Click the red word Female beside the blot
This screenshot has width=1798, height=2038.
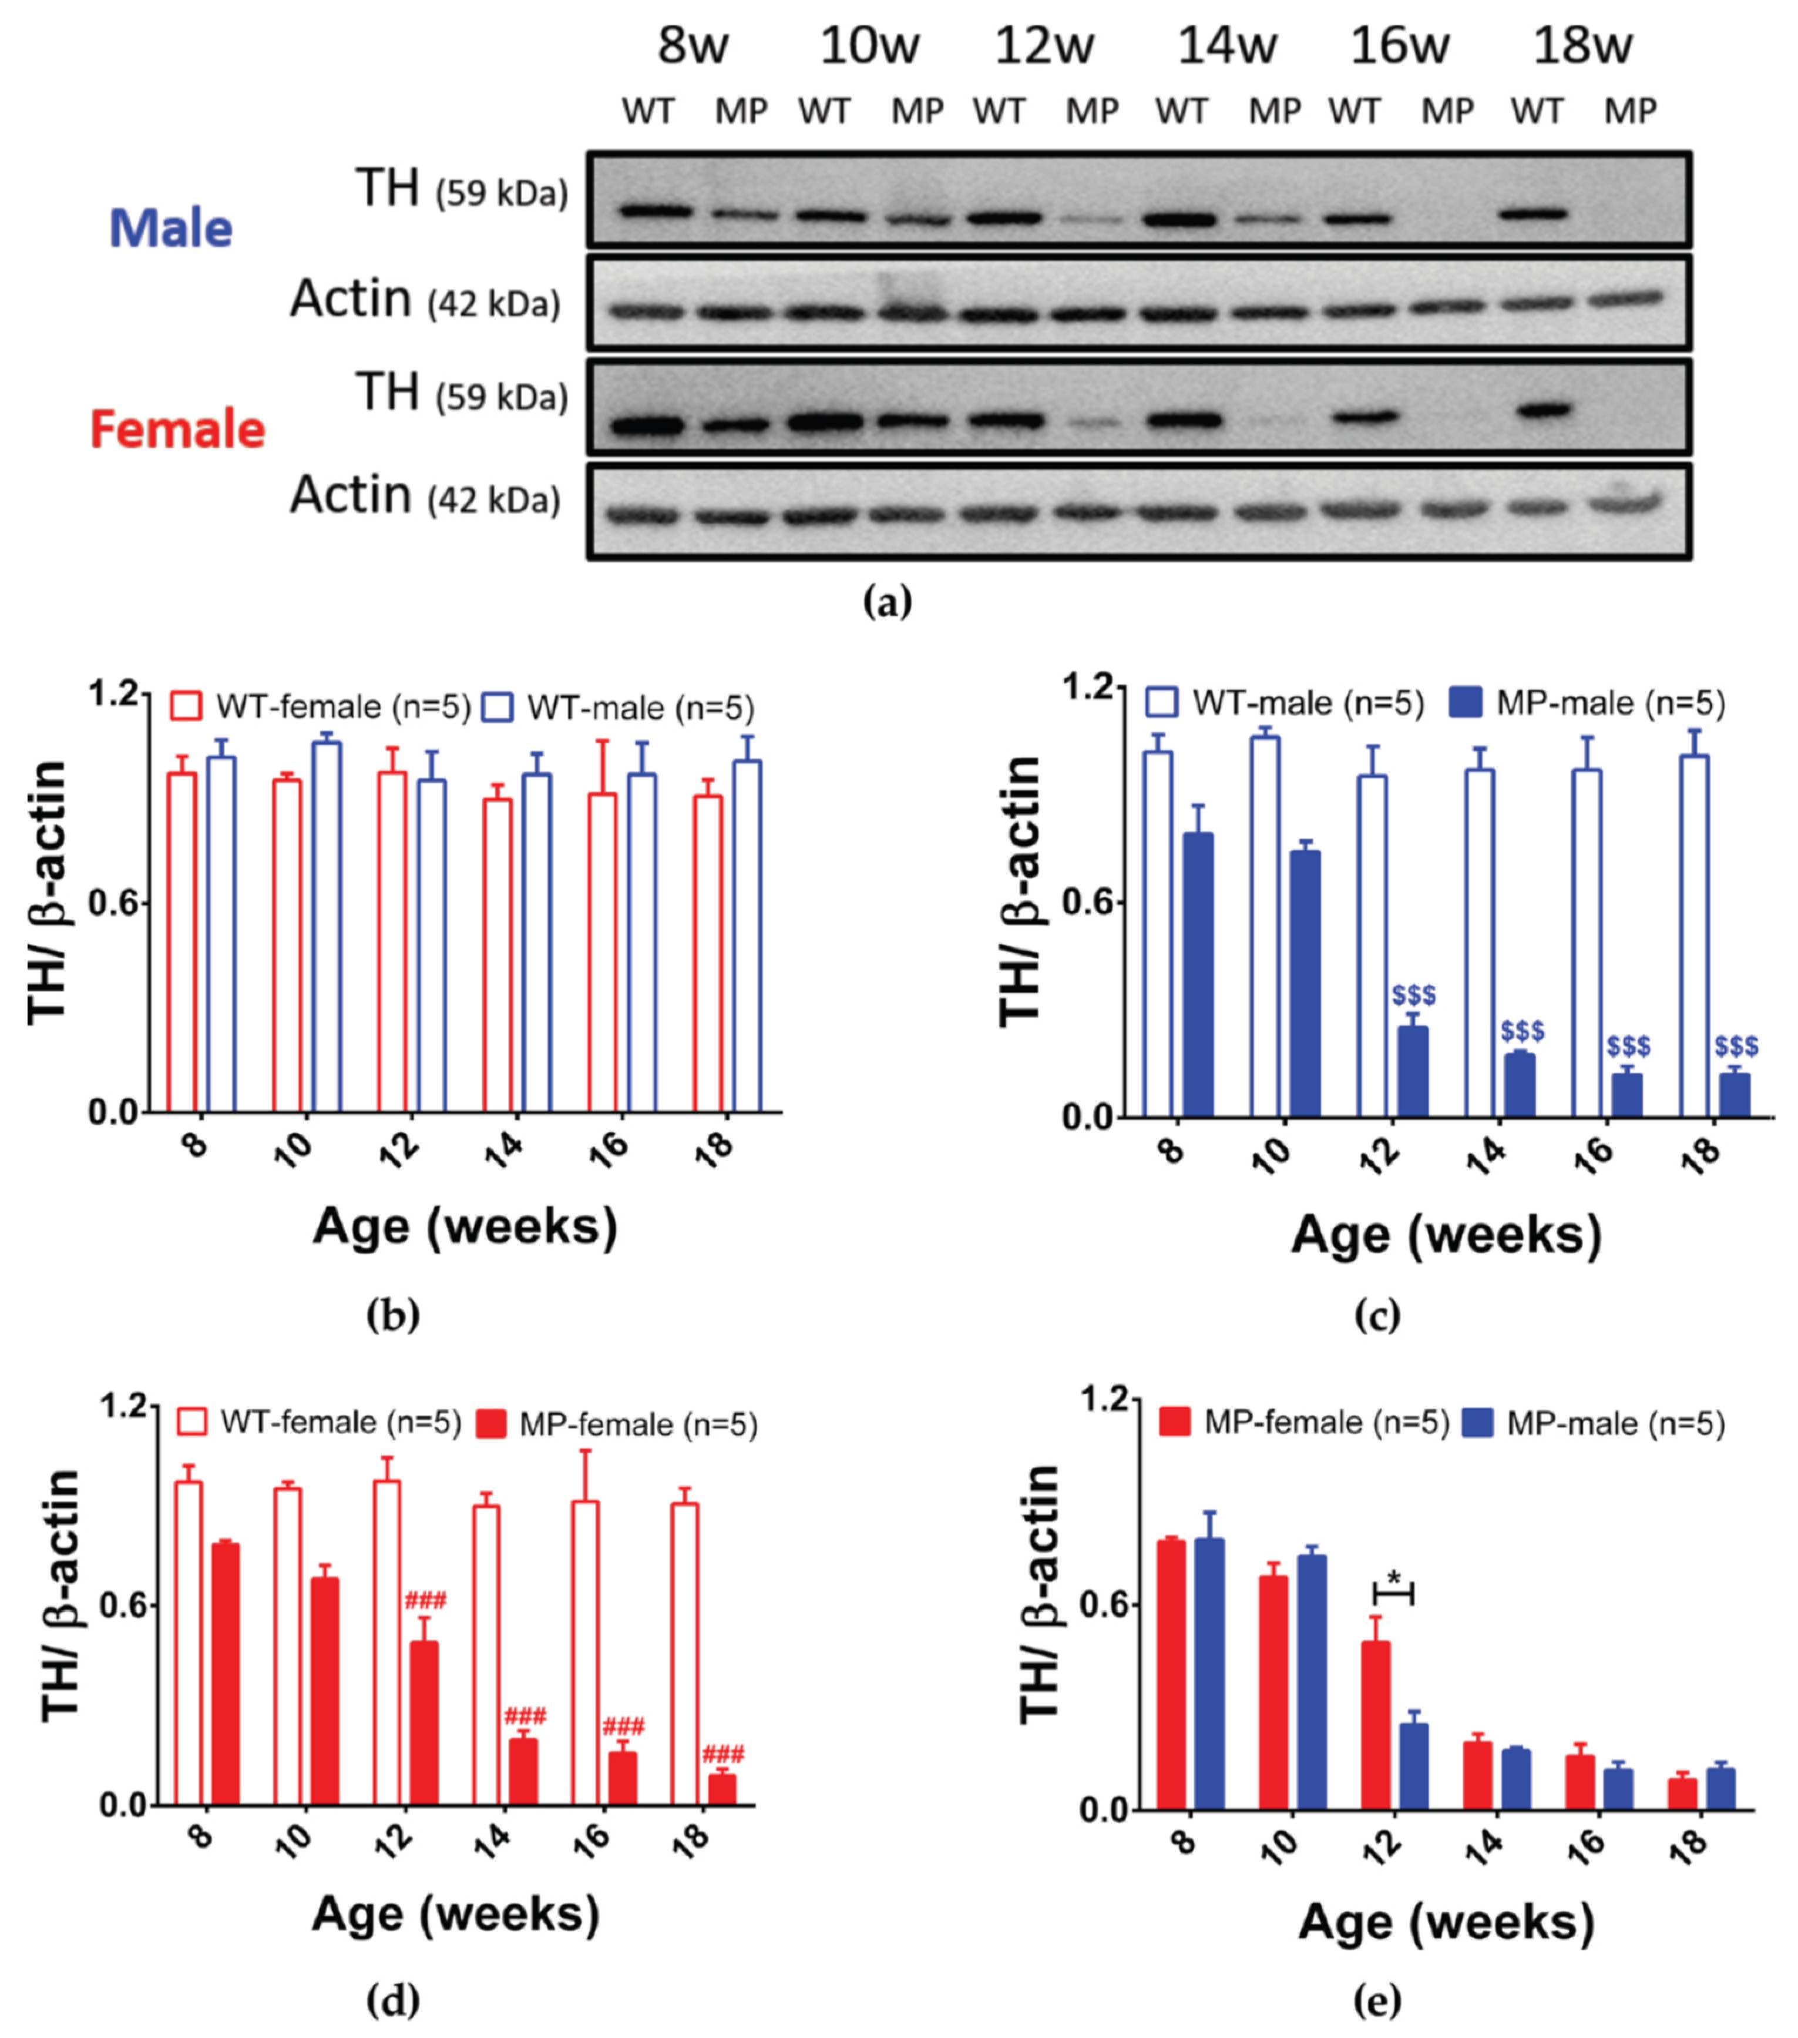177,430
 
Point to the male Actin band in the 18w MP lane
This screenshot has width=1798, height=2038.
1629,298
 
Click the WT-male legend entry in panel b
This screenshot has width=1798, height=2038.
618,708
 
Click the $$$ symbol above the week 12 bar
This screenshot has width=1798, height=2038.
1413,995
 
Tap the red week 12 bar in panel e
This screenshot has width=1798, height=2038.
1376,1725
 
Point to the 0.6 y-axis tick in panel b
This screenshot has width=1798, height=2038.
112,903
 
